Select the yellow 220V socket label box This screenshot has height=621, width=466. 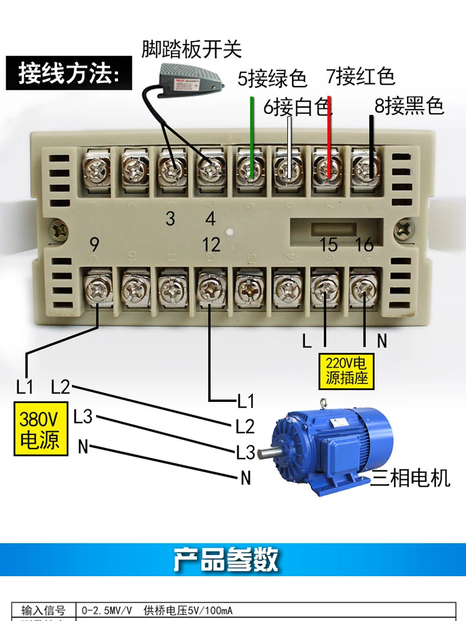[x=348, y=371]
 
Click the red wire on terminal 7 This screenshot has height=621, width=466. [x=329, y=137]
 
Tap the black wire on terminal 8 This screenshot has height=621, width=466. [x=372, y=140]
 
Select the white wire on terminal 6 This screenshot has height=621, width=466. [x=290, y=146]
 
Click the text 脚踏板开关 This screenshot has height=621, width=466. [x=191, y=49]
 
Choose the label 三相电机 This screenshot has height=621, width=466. [x=410, y=478]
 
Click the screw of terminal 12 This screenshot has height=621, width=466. [x=211, y=288]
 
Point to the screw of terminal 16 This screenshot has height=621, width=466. [x=363, y=288]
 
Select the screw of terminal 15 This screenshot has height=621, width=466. [x=326, y=288]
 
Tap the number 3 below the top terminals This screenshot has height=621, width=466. [x=170, y=218]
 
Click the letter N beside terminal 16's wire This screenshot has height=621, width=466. [x=381, y=341]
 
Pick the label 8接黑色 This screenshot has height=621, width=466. [x=409, y=106]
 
